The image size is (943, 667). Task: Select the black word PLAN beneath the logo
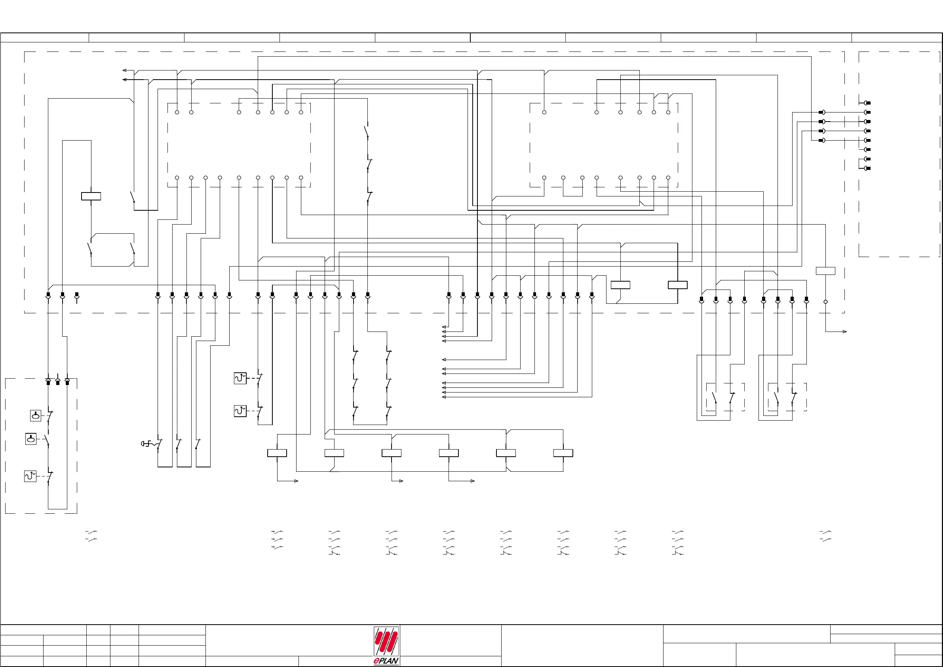pyautogui.click(x=388, y=661)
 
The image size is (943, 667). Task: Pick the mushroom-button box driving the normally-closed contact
pyautogui.click(x=36, y=415)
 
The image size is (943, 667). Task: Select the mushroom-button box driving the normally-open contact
pyautogui.click(x=31, y=439)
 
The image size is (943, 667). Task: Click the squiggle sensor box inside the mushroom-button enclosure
pyautogui.click(x=30, y=476)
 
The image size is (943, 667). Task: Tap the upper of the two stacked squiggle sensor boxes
pyautogui.click(x=240, y=378)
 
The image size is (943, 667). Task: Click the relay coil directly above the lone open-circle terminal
pyautogui.click(x=825, y=271)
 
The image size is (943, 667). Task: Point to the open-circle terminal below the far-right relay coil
pyautogui.click(x=825, y=302)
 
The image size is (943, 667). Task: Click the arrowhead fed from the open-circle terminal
pyautogui.click(x=844, y=332)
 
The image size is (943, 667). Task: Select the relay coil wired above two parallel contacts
pyautogui.click(x=91, y=196)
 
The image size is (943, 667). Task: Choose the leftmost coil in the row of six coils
pyautogui.click(x=277, y=453)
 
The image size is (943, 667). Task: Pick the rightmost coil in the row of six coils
pyautogui.click(x=563, y=453)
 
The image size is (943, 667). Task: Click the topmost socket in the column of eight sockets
pyautogui.click(x=867, y=103)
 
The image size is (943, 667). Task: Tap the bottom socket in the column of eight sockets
pyautogui.click(x=867, y=168)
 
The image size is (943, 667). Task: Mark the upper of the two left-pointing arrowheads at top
pyautogui.click(x=124, y=70)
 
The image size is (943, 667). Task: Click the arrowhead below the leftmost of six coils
pyautogui.click(x=296, y=481)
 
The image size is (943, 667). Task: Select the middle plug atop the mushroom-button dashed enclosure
pyautogui.click(x=57, y=382)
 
